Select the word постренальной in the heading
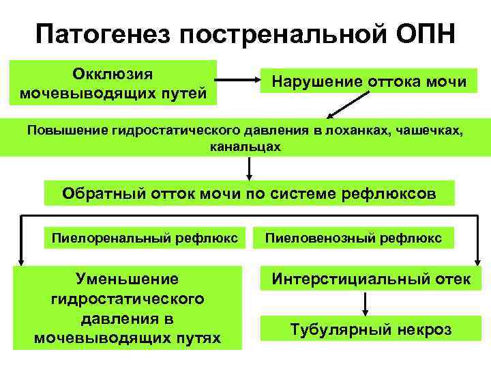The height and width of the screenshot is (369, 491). point(281,34)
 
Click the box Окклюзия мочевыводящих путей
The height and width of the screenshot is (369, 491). point(113,82)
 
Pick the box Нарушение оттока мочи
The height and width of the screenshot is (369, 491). point(370,83)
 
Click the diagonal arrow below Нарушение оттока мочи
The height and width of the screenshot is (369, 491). point(342,108)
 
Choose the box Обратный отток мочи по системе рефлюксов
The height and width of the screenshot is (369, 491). point(249,193)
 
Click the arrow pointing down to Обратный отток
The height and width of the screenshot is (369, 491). point(249,169)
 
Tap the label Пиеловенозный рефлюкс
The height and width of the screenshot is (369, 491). point(353,238)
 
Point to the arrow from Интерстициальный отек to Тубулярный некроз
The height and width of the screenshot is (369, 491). point(369,304)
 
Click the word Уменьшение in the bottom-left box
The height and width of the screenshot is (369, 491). point(128,279)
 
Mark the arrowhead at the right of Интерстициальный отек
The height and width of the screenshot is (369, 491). point(477,260)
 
